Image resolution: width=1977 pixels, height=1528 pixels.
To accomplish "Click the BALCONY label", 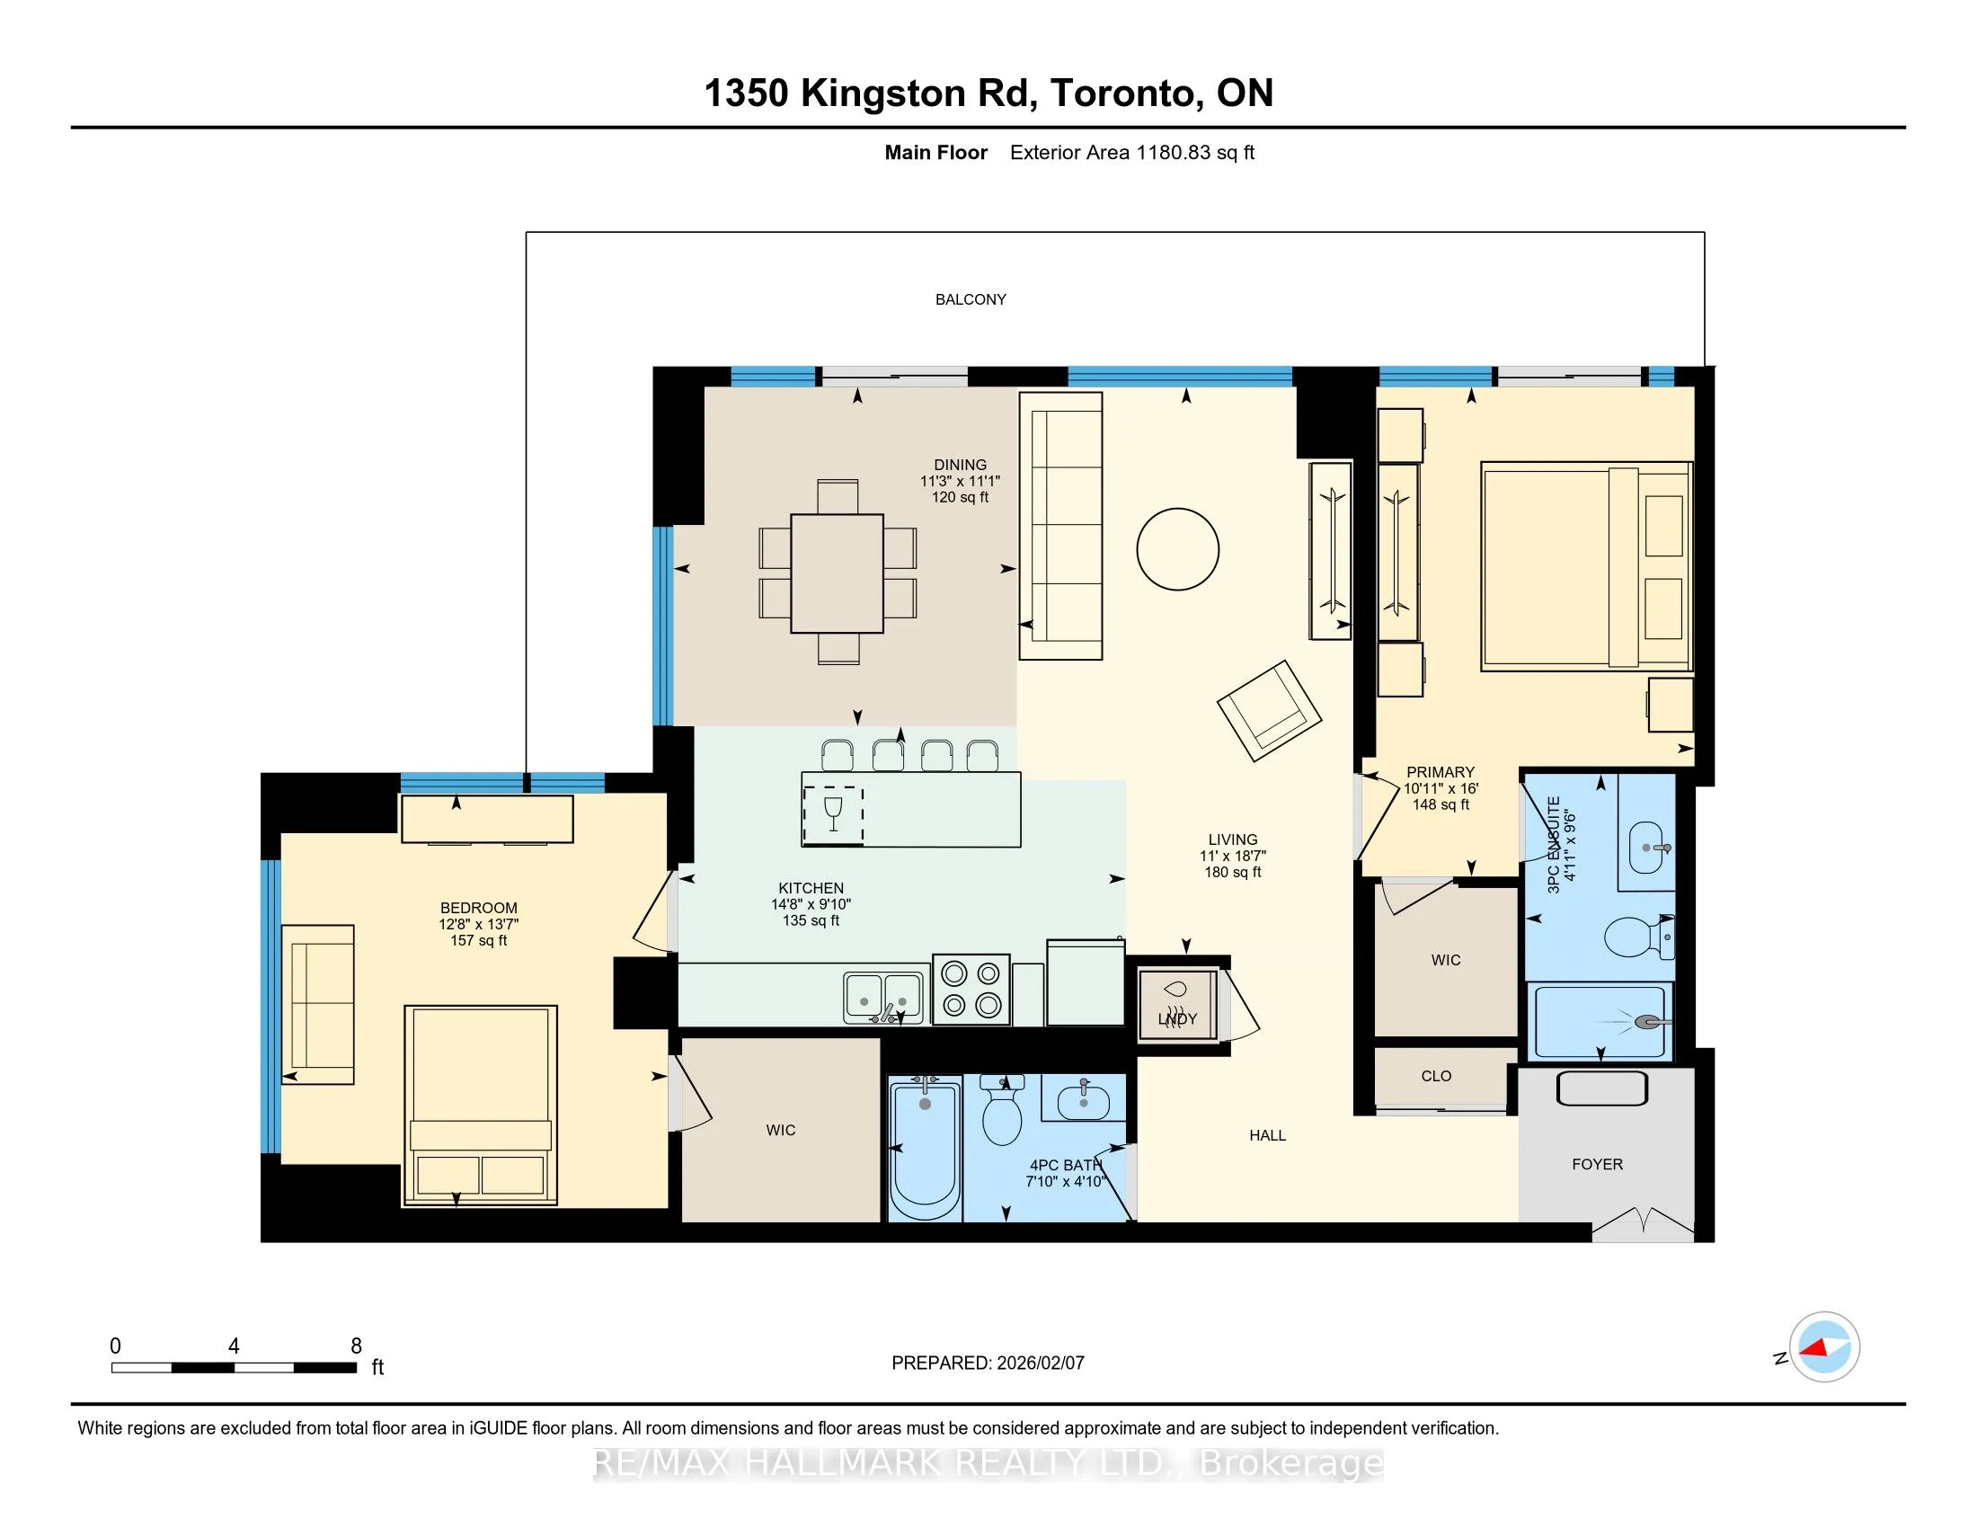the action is [971, 299].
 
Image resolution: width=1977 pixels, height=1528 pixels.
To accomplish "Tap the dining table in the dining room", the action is [837, 573].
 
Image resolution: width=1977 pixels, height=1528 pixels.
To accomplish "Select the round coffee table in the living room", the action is [1178, 549].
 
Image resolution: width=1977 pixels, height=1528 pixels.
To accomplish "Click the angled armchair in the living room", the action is [1269, 710].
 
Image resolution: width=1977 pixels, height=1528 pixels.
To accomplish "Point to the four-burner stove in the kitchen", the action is [971, 990].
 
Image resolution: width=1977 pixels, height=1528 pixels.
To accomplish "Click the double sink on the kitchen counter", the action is [882, 998].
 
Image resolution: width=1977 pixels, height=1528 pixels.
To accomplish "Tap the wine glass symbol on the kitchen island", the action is [834, 813].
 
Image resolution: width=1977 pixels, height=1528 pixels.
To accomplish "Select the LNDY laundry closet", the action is [1178, 1006].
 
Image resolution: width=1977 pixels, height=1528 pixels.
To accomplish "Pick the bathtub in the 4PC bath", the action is [925, 1149].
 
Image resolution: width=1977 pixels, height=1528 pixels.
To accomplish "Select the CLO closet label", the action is [1436, 1076].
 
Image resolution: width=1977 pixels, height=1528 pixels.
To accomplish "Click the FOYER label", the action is [1597, 1164].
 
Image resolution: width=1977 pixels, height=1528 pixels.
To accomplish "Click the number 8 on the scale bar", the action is [357, 1346].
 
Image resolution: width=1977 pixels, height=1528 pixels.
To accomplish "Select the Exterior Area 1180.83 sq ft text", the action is [1131, 152].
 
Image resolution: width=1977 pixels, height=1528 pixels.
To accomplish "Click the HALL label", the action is [1267, 1135].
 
